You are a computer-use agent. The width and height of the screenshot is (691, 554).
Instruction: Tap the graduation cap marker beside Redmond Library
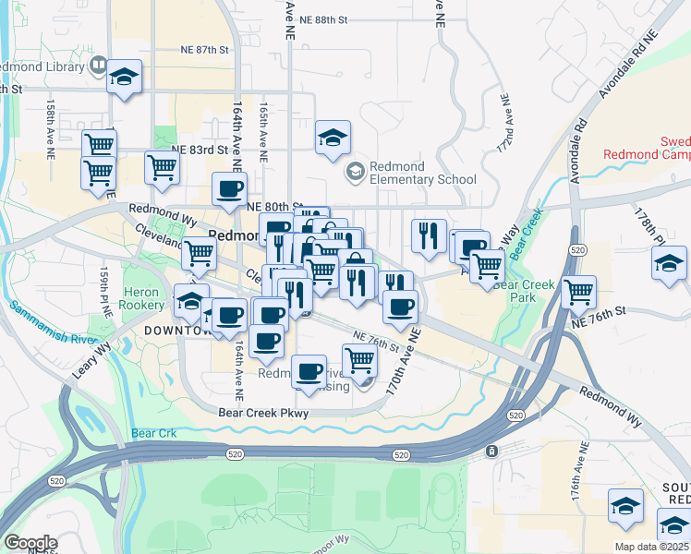click(125, 78)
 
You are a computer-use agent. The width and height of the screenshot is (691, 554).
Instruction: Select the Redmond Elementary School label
click(422, 173)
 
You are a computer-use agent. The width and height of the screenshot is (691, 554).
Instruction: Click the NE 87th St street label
click(204, 49)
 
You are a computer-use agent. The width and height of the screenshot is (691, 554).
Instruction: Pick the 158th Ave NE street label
click(52, 121)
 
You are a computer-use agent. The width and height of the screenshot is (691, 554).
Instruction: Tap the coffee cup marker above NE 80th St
click(230, 189)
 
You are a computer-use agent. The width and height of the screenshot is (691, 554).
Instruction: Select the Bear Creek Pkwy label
click(263, 414)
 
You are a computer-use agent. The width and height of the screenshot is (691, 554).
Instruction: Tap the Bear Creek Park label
click(524, 292)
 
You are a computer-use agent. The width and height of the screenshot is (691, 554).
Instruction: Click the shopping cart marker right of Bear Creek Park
click(578, 291)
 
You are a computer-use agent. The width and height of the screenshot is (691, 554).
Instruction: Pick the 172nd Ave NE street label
click(504, 123)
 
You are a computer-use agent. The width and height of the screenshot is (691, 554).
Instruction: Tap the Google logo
click(30, 544)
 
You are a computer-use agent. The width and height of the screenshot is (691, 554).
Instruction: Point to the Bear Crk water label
click(153, 432)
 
